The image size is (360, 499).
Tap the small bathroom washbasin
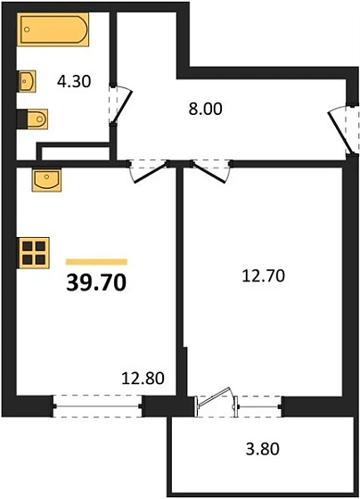pyautogui.click(x=25, y=82)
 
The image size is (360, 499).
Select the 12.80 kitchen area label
pyautogui.click(x=143, y=380)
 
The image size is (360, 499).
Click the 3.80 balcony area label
pyautogui.click(x=262, y=449)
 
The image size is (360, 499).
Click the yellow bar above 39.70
pyautogui.click(x=96, y=261)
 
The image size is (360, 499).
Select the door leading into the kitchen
pyautogui.click(x=148, y=168)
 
